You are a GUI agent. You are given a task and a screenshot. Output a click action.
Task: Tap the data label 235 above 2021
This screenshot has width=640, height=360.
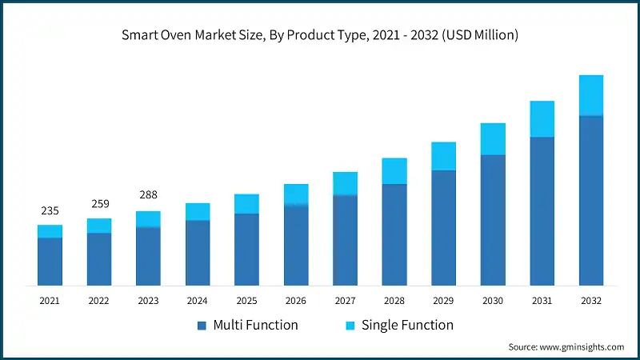point(50,210)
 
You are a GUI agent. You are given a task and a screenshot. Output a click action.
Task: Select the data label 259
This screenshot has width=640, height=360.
point(99,203)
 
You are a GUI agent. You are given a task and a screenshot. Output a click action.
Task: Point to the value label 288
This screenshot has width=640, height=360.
point(148,194)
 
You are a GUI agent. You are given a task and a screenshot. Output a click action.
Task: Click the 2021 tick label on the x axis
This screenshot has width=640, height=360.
point(50,300)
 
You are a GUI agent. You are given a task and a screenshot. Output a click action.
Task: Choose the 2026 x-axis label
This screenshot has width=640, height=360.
point(296,300)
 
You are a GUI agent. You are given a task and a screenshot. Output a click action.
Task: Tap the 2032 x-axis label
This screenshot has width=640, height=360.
point(591,300)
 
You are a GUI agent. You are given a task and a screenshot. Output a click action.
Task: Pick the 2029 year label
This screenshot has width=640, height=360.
point(443,300)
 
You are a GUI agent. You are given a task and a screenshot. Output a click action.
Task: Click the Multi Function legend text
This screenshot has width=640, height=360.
point(255,325)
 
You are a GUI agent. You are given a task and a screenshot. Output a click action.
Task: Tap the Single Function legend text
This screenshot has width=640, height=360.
point(407,325)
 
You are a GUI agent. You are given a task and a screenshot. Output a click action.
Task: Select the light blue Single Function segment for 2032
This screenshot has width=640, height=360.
point(591,95)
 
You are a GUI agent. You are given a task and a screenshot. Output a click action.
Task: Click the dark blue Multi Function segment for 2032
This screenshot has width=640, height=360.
point(591,200)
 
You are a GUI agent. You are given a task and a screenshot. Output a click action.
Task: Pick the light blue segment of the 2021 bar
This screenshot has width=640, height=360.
point(50,231)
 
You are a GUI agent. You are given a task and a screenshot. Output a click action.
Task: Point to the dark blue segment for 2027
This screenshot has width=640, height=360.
point(345,240)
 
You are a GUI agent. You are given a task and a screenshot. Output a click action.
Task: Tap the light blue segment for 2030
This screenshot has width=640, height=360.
point(493,139)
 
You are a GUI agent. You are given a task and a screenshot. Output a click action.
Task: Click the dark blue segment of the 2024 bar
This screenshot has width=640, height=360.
point(198,252)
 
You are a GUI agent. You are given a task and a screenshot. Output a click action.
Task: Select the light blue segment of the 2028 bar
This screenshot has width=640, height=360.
point(394,171)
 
